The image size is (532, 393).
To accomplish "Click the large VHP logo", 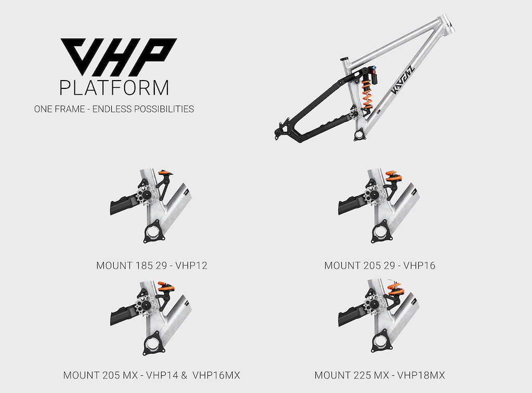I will [119, 56].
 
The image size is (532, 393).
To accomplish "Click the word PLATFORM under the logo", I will [114, 87].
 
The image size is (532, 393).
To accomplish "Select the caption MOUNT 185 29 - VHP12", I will [152, 266].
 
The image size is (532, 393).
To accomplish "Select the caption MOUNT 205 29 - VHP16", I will [380, 266].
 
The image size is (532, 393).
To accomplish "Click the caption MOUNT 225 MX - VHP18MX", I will [380, 375].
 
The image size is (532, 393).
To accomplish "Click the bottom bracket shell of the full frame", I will [358, 136].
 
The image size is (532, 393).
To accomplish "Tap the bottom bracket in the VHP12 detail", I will [154, 231].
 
